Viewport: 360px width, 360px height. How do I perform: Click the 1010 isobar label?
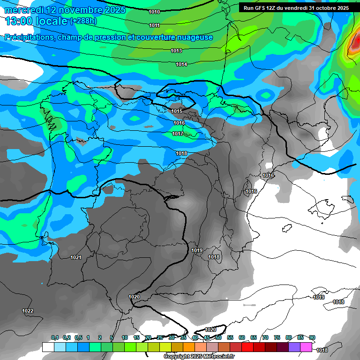(154, 11)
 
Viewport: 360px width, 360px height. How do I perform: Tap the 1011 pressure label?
(154, 25)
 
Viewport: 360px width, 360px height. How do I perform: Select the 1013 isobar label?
(176, 51)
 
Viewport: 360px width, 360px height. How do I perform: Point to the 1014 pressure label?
(182, 64)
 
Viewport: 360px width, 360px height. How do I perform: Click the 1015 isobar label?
(177, 111)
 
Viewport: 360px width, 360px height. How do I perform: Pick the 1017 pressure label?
(178, 134)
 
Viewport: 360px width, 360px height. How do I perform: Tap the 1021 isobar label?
(76, 257)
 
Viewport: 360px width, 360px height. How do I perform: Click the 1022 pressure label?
(28, 311)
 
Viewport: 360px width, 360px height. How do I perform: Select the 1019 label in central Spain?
(197, 251)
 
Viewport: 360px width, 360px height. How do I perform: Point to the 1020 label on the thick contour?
(134, 297)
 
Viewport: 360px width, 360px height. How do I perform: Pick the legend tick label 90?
(312, 337)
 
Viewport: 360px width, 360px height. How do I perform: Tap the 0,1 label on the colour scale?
(55, 337)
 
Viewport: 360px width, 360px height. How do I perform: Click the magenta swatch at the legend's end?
(306, 347)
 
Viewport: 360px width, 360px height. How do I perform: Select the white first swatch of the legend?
(48, 347)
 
